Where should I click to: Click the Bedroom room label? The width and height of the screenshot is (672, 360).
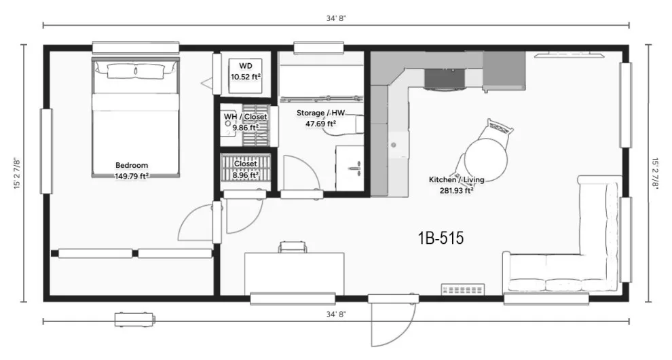pos(132,165)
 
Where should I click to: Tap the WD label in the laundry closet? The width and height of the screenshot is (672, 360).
pos(246,66)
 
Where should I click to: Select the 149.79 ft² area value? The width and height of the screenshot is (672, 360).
pos(132,175)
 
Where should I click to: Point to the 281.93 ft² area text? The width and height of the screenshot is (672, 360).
pos(456,190)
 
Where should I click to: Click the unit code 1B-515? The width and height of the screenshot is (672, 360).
pos(441,238)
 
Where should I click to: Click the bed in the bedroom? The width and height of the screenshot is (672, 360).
pos(136,118)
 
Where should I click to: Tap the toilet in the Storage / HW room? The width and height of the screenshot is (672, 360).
pos(343,125)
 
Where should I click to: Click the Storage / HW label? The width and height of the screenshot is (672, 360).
pos(320,113)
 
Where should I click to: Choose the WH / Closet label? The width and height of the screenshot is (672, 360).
pos(245,117)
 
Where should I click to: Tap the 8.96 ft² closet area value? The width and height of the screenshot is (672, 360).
pos(246,175)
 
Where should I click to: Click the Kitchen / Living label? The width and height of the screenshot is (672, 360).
pos(456,180)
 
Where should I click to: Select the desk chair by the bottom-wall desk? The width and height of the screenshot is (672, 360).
pos(293,247)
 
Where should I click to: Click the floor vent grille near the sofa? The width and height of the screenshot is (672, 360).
pos(464,289)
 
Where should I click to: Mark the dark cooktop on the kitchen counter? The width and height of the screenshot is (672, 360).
pos(445,77)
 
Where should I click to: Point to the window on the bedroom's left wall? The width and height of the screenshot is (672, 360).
pos(46,151)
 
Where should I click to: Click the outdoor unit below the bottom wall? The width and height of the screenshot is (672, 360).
pos(134,320)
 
